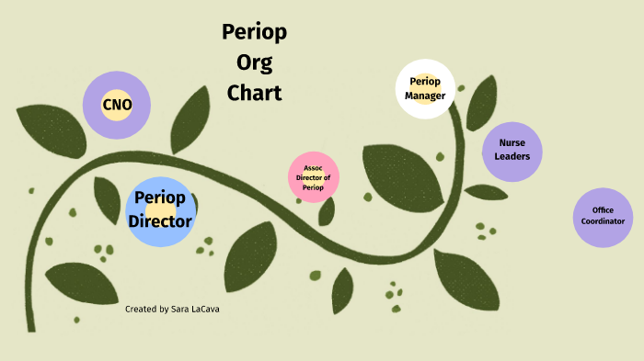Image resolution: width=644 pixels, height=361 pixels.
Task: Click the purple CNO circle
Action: (117, 106)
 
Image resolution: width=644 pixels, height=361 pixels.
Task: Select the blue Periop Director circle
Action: (160, 211)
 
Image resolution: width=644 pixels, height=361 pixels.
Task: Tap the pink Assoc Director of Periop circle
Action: (314, 178)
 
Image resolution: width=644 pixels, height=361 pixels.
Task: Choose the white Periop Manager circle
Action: (425, 89)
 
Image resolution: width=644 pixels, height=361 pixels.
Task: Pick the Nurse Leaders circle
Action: (512, 150)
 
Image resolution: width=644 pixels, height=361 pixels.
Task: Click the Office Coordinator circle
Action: (603, 217)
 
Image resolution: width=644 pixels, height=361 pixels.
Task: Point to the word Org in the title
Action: (254, 63)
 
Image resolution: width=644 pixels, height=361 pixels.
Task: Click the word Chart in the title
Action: (254, 93)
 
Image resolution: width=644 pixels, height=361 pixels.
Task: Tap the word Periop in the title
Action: (254, 33)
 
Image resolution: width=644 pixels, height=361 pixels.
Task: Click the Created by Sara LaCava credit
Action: (172, 310)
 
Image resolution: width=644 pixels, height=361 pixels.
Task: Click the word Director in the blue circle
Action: (160, 221)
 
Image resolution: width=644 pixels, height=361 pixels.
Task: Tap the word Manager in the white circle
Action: (425, 96)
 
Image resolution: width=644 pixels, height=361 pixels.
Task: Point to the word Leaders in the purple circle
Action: (512, 156)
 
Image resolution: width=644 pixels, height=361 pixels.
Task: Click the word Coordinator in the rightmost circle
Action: (603, 222)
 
